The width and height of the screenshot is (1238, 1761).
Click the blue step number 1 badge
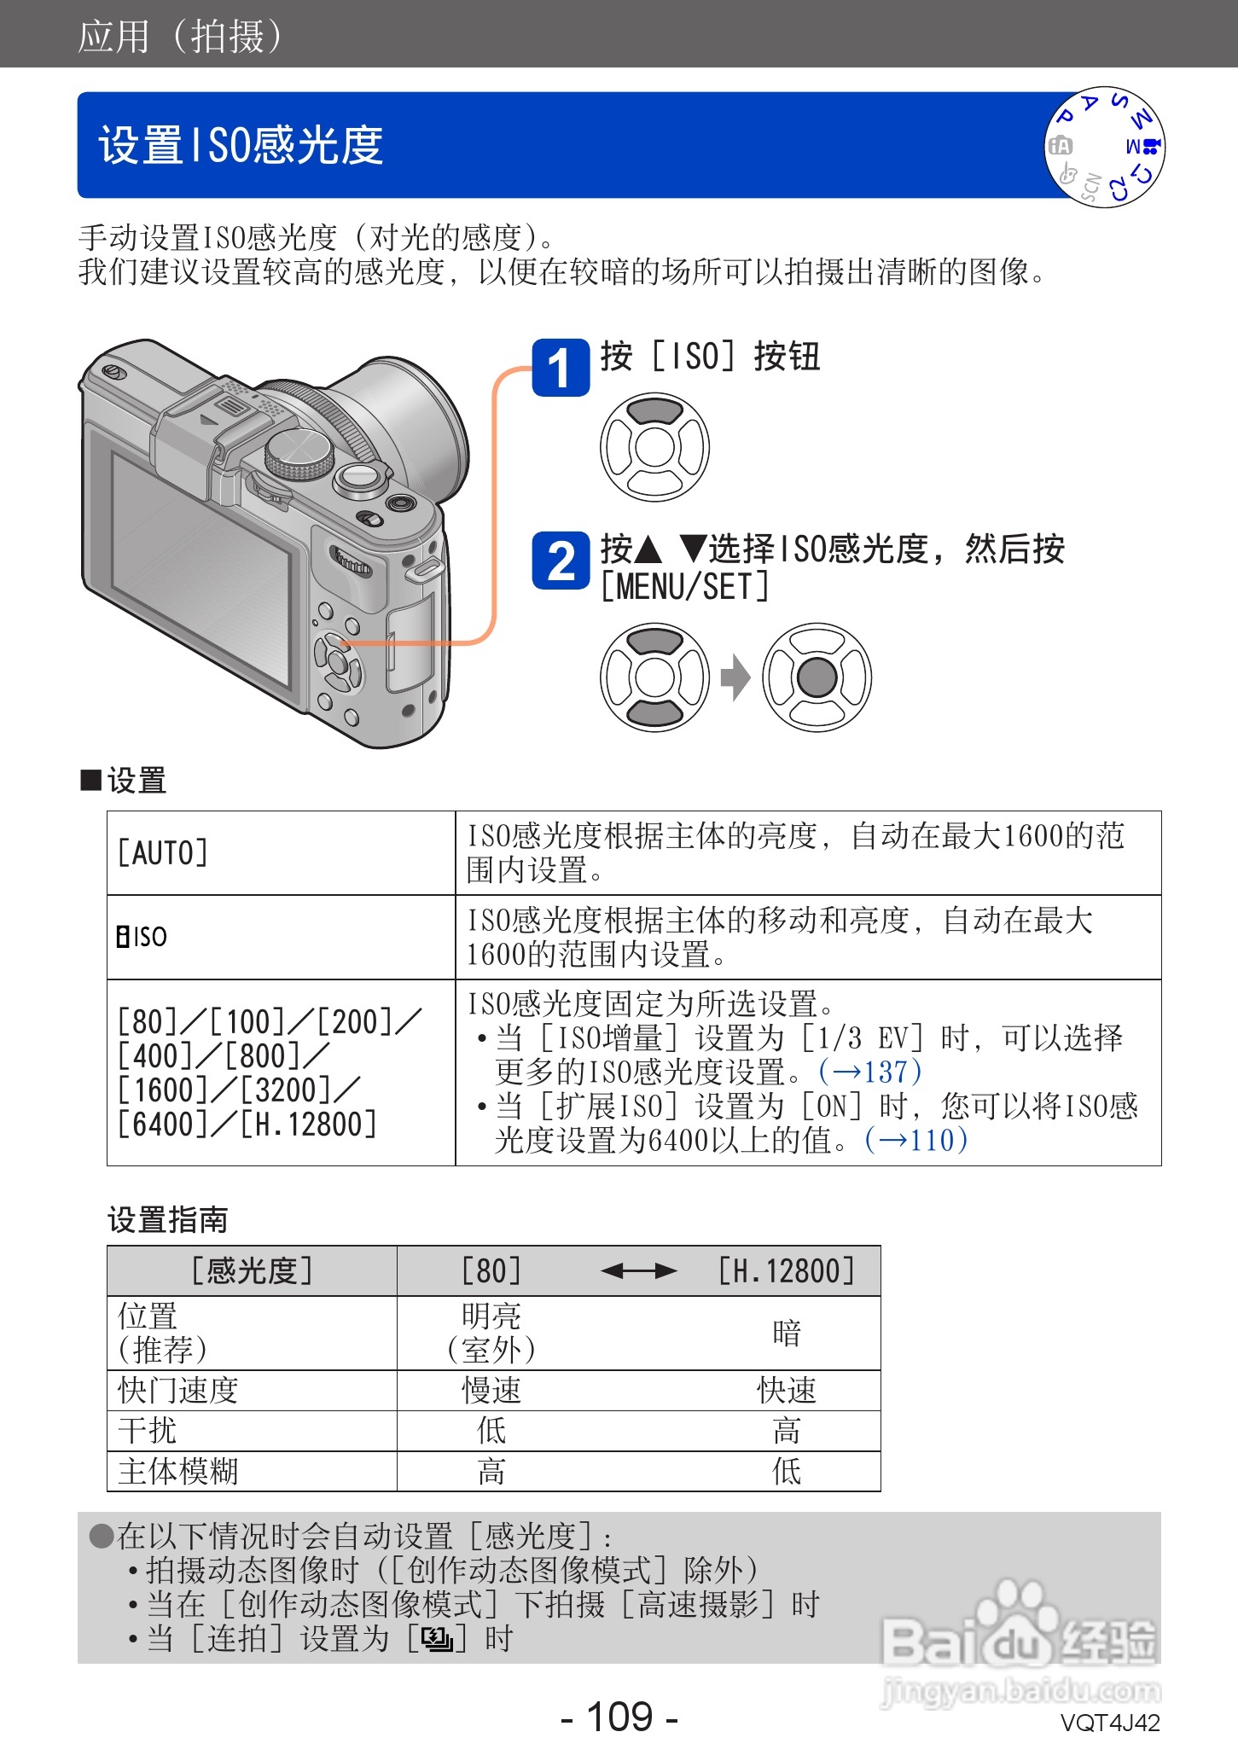click(x=561, y=368)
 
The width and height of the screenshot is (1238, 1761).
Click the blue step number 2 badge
click(x=561, y=561)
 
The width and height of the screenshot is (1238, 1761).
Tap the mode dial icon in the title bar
click(x=1105, y=147)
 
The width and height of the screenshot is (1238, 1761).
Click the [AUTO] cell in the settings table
click(x=162, y=852)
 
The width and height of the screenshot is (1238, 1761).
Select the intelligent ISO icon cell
click(x=142, y=937)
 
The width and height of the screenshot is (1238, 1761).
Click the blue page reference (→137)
click(x=869, y=1072)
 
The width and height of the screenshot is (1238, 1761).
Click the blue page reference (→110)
click(x=915, y=1140)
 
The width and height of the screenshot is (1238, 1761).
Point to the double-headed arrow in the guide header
click(x=638, y=1271)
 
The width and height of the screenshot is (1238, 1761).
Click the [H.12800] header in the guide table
click(x=786, y=1271)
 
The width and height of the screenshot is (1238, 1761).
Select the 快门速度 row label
click(x=177, y=1391)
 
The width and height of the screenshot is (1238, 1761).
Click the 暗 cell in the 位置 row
click(x=786, y=1334)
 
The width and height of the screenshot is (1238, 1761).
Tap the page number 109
click(x=619, y=1717)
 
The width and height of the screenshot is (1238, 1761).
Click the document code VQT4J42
click(x=1109, y=1723)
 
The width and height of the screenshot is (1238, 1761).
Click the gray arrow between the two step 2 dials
click(x=735, y=677)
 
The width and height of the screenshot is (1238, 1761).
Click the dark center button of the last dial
click(x=817, y=677)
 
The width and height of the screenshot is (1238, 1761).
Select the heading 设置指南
click(x=167, y=1219)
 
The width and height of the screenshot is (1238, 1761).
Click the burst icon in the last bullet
click(x=437, y=1639)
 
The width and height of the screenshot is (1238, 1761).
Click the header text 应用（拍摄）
click(x=181, y=36)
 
